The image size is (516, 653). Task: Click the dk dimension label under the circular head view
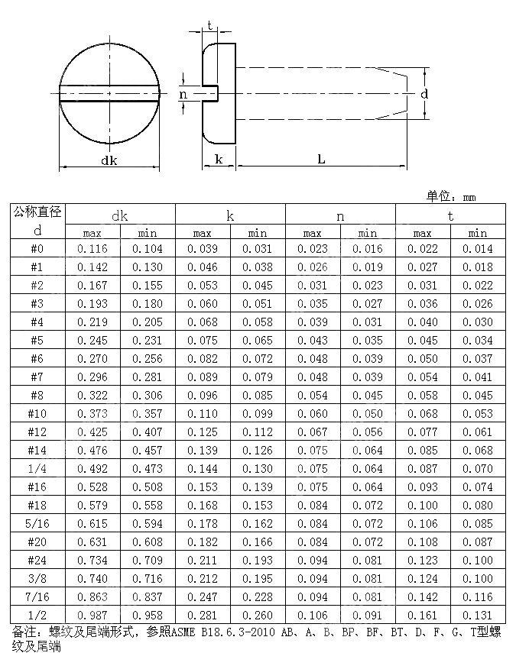[110, 160]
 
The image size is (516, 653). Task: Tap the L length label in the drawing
[321, 159]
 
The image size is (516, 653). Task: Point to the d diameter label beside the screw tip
[424, 93]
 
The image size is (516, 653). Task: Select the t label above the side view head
[209, 26]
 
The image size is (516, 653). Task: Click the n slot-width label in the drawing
[183, 94]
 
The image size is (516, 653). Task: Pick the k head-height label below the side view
[219, 159]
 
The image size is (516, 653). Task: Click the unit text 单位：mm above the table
[450, 196]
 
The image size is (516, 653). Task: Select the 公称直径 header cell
[37, 212]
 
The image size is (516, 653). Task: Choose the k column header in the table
[230, 216]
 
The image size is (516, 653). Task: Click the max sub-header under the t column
[423, 233]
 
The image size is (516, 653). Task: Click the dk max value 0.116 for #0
[92, 249]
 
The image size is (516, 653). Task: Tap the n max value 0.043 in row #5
[313, 340]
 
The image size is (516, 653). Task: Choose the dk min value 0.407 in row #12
[148, 432]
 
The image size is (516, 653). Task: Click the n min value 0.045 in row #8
[368, 395]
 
